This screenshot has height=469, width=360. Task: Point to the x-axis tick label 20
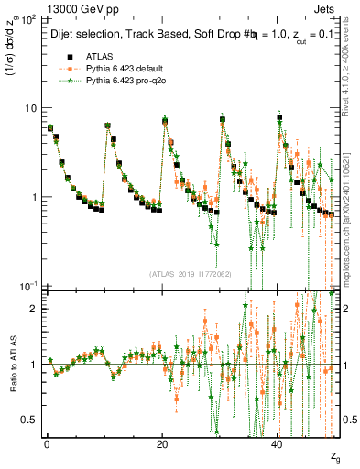[162, 442]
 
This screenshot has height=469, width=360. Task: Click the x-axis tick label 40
[278, 442]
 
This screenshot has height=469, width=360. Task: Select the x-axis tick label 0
[47, 442]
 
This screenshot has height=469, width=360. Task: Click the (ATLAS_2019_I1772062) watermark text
[191, 274]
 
